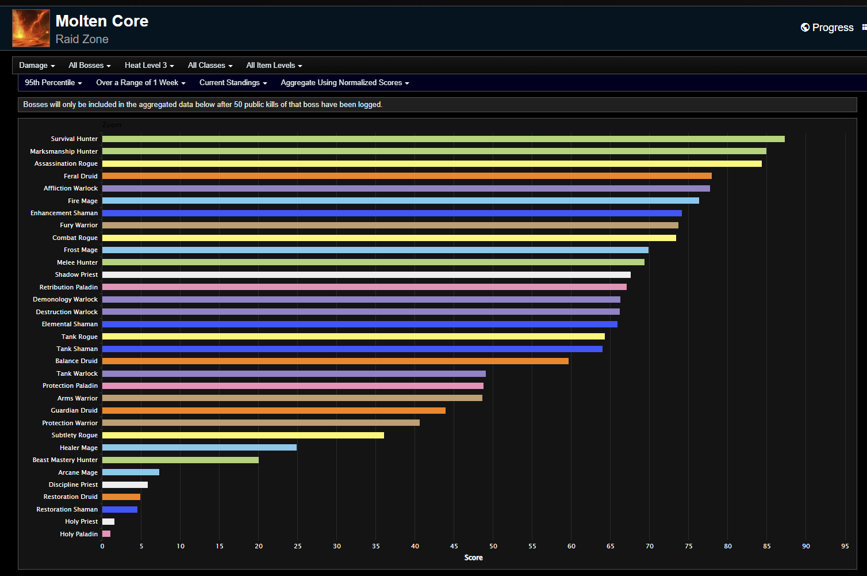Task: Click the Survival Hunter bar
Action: (x=443, y=139)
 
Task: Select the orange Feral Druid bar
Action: (x=406, y=176)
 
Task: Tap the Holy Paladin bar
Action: (x=106, y=534)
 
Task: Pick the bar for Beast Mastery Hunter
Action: (x=181, y=460)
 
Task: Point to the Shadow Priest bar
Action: (x=366, y=275)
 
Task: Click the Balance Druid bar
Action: (x=335, y=361)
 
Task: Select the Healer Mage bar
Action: (x=200, y=448)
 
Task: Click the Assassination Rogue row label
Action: (x=66, y=164)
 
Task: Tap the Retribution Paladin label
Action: (x=68, y=287)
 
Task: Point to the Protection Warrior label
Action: (x=70, y=423)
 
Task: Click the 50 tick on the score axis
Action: (x=493, y=546)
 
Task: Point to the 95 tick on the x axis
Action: (x=845, y=546)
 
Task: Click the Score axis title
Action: (x=473, y=558)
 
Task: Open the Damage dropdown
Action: (x=37, y=66)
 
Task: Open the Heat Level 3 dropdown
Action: (x=149, y=66)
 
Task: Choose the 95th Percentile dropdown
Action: (x=53, y=83)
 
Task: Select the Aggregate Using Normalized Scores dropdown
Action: (x=344, y=83)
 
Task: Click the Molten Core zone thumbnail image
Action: (x=31, y=28)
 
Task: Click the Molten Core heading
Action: (x=102, y=21)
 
